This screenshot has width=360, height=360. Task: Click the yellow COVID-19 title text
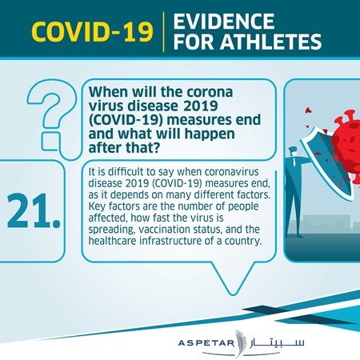coord(92,32)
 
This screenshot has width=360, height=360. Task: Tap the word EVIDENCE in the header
coord(224,22)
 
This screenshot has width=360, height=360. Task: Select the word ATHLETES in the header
coord(270,42)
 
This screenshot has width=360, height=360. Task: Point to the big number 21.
coord(34,211)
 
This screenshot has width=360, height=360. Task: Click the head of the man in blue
coord(293,152)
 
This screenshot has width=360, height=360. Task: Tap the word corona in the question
coord(210,93)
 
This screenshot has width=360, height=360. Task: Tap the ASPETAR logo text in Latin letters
coord(206,342)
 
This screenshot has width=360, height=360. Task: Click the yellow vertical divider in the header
coord(163,32)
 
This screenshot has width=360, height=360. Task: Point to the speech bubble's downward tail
coord(233,278)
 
